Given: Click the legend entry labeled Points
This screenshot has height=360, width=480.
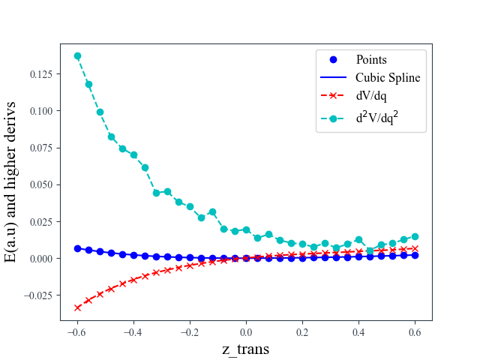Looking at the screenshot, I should tap(371, 59).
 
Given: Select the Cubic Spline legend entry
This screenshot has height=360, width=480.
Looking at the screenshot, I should tap(388, 77).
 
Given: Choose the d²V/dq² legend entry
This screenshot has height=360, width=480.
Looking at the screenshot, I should tap(382, 117).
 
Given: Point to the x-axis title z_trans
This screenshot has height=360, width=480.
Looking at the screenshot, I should tap(245, 349).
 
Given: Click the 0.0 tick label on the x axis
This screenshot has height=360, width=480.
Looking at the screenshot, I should tap(246, 332).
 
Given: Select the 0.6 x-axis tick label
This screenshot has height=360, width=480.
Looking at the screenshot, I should tap(415, 332).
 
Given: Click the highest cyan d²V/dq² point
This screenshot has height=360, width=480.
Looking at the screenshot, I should tap(77, 56).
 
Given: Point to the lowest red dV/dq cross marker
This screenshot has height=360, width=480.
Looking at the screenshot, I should tap(77, 307).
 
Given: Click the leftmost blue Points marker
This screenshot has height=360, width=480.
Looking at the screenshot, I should tap(77, 248).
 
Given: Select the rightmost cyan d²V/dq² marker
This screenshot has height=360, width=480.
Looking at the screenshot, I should tap(415, 236).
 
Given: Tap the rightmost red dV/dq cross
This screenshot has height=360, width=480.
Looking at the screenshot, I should tap(415, 248).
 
